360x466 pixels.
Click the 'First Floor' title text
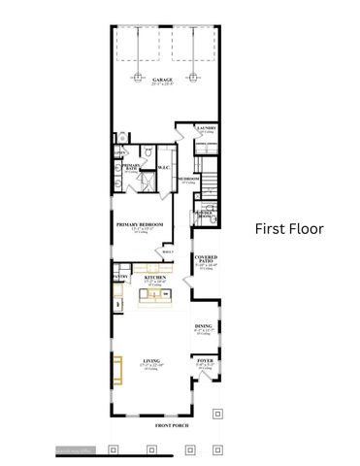pos(289,229)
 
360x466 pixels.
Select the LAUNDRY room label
pos(206,127)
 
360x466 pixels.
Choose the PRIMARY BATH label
pos(132,167)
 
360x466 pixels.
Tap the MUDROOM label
pos(188,179)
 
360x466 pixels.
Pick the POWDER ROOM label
pos(205,214)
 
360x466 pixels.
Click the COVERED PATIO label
pos(205,259)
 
